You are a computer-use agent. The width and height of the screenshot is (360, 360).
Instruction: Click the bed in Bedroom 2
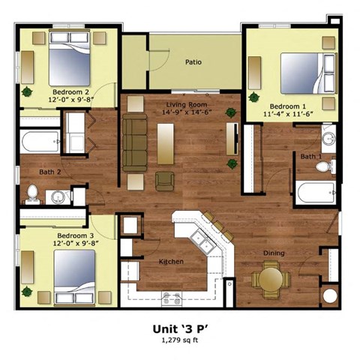click(x=69, y=62)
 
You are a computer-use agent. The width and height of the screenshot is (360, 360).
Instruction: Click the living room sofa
click(x=135, y=142)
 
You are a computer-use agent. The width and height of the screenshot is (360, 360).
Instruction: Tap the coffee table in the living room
click(x=165, y=142)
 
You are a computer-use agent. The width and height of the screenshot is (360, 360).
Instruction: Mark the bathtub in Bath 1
click(x=315, y=193)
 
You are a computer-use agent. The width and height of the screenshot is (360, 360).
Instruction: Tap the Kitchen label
click(x=171, y=262)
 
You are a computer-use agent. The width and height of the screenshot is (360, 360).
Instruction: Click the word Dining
click(x=274, y=253)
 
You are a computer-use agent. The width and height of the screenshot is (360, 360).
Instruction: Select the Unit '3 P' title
click(x=179, y=327)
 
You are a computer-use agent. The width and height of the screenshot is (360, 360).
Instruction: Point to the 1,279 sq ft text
click(x=179, y=340)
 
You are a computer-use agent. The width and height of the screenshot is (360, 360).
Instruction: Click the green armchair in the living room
click(x=164, y=181)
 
